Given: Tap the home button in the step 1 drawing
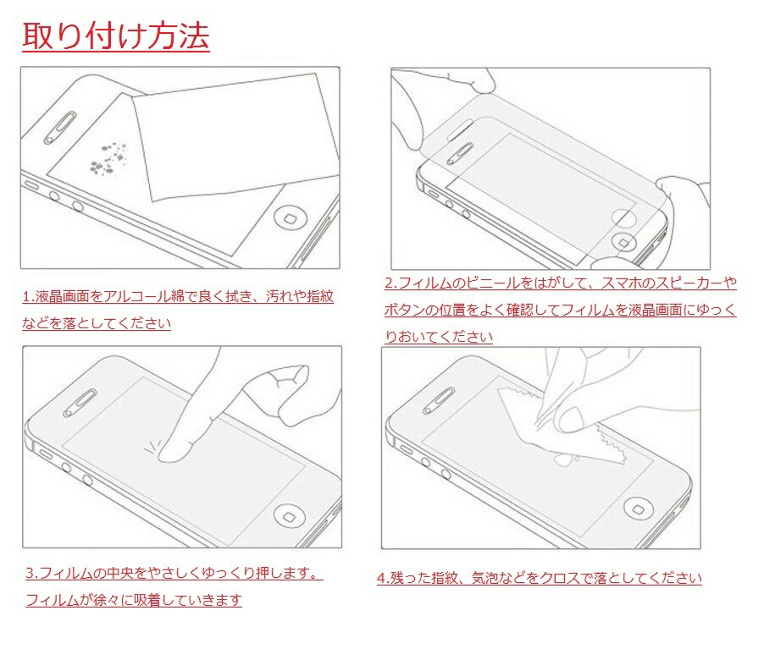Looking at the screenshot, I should [x=291, y=220].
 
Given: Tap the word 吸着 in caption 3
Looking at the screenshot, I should [x=143, y=600].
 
